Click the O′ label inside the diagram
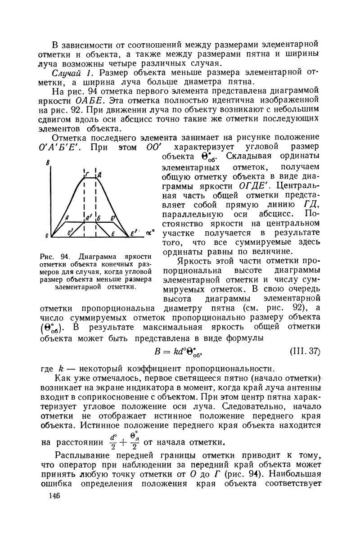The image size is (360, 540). click(69, 232)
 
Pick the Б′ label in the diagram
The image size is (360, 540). click(112, 218)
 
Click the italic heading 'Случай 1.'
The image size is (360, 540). click(74, 73)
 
